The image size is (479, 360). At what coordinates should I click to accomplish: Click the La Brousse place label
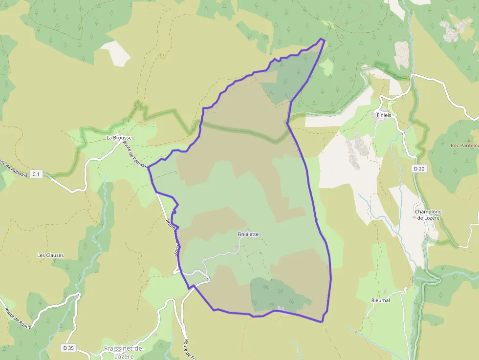coord(119,138)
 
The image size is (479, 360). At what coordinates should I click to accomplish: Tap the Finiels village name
coord(384,115)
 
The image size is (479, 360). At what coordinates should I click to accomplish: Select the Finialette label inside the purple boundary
coord(248,234)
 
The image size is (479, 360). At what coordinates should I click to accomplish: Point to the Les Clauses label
coord(50,255)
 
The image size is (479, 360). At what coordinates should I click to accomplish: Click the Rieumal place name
coord(381,300)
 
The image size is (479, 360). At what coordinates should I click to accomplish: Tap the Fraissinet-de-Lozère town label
coord(125,352)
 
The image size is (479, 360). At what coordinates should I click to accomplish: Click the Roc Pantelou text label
coord(464,145)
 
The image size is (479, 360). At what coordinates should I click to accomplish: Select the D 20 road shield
coord(418,169)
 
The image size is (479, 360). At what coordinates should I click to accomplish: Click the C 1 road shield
coord(36,174)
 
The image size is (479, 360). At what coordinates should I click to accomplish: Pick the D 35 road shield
coord(68,348)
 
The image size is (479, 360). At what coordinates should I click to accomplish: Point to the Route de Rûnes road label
coord(18,318)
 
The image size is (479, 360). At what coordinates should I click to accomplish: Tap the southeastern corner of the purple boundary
coord(322,321)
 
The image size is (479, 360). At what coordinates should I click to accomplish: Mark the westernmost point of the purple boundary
coord(149,167)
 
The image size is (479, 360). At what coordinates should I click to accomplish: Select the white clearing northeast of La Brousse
coord(116,52)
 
